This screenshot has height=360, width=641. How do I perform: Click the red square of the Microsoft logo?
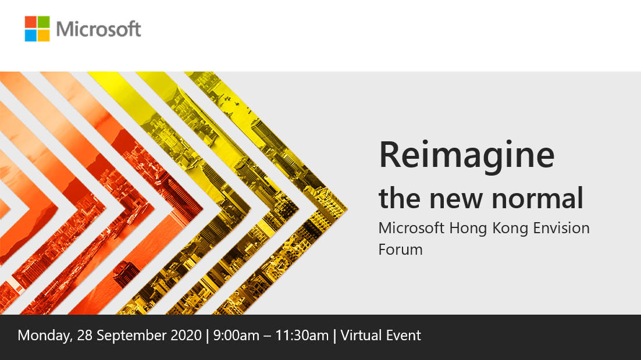pyautogui.click(x=31, y=22)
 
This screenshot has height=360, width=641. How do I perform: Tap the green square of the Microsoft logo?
pyautogui.click(x=44, y=22)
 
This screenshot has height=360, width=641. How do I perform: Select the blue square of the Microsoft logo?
pyautogui.click(x=31, y=35)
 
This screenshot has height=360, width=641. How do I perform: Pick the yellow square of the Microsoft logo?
pyautogui.click(x=44, y=35)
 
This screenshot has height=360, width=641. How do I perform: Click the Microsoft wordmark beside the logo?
pyautogui.click(x=99, y=28)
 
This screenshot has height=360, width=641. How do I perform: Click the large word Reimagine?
pyautogui.click(x=466, y=155)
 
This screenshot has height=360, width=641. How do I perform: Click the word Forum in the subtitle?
pyautogui.click(x=400, y=249)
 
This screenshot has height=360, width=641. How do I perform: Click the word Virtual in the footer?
pyautogui.click(x=361, y=336)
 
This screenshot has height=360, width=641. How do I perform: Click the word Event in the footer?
pyautogui.click(x=403, y=336)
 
